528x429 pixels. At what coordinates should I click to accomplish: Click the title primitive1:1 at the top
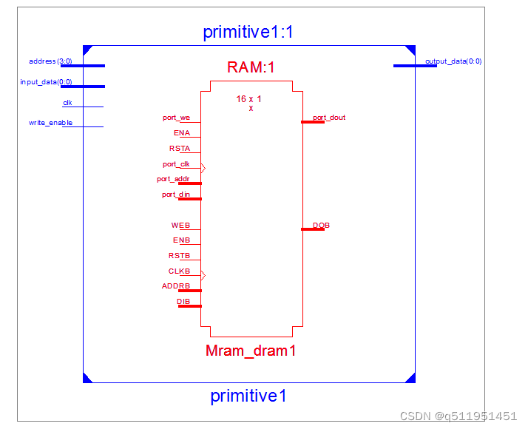tap(248, 33)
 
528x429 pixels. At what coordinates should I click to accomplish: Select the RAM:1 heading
tap(251, 67)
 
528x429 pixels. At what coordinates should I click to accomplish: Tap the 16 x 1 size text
tap(248, 98)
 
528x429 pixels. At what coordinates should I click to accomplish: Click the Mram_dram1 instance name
tap(251, 351)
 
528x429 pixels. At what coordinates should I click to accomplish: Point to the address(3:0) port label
tap(50, 61)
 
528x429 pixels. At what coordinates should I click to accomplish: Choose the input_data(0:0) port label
tap(46, 82)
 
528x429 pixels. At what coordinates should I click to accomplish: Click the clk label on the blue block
tap(67, 103)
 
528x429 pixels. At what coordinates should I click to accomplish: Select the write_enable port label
tap(50, 123)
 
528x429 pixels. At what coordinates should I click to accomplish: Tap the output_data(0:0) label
tap(453, 61)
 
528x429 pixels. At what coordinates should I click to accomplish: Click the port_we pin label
tap(176, 118)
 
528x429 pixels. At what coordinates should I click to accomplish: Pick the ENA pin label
tap(182, 133)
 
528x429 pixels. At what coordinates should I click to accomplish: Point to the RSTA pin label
tap(180, 149)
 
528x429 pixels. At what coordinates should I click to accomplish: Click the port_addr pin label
tap(173, 179)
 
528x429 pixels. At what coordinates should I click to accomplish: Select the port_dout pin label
tap(329, 118)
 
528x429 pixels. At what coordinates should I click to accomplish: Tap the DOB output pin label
tap(321, 226)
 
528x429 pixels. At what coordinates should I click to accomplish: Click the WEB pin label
tap(180, 226)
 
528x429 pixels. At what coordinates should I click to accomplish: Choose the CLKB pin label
tap(179, 271)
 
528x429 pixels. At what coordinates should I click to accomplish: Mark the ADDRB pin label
tap(176, 286)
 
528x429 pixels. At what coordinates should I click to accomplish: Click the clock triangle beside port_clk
tap(203, 168)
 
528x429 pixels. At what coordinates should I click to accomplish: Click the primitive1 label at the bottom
tap(248, 396)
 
